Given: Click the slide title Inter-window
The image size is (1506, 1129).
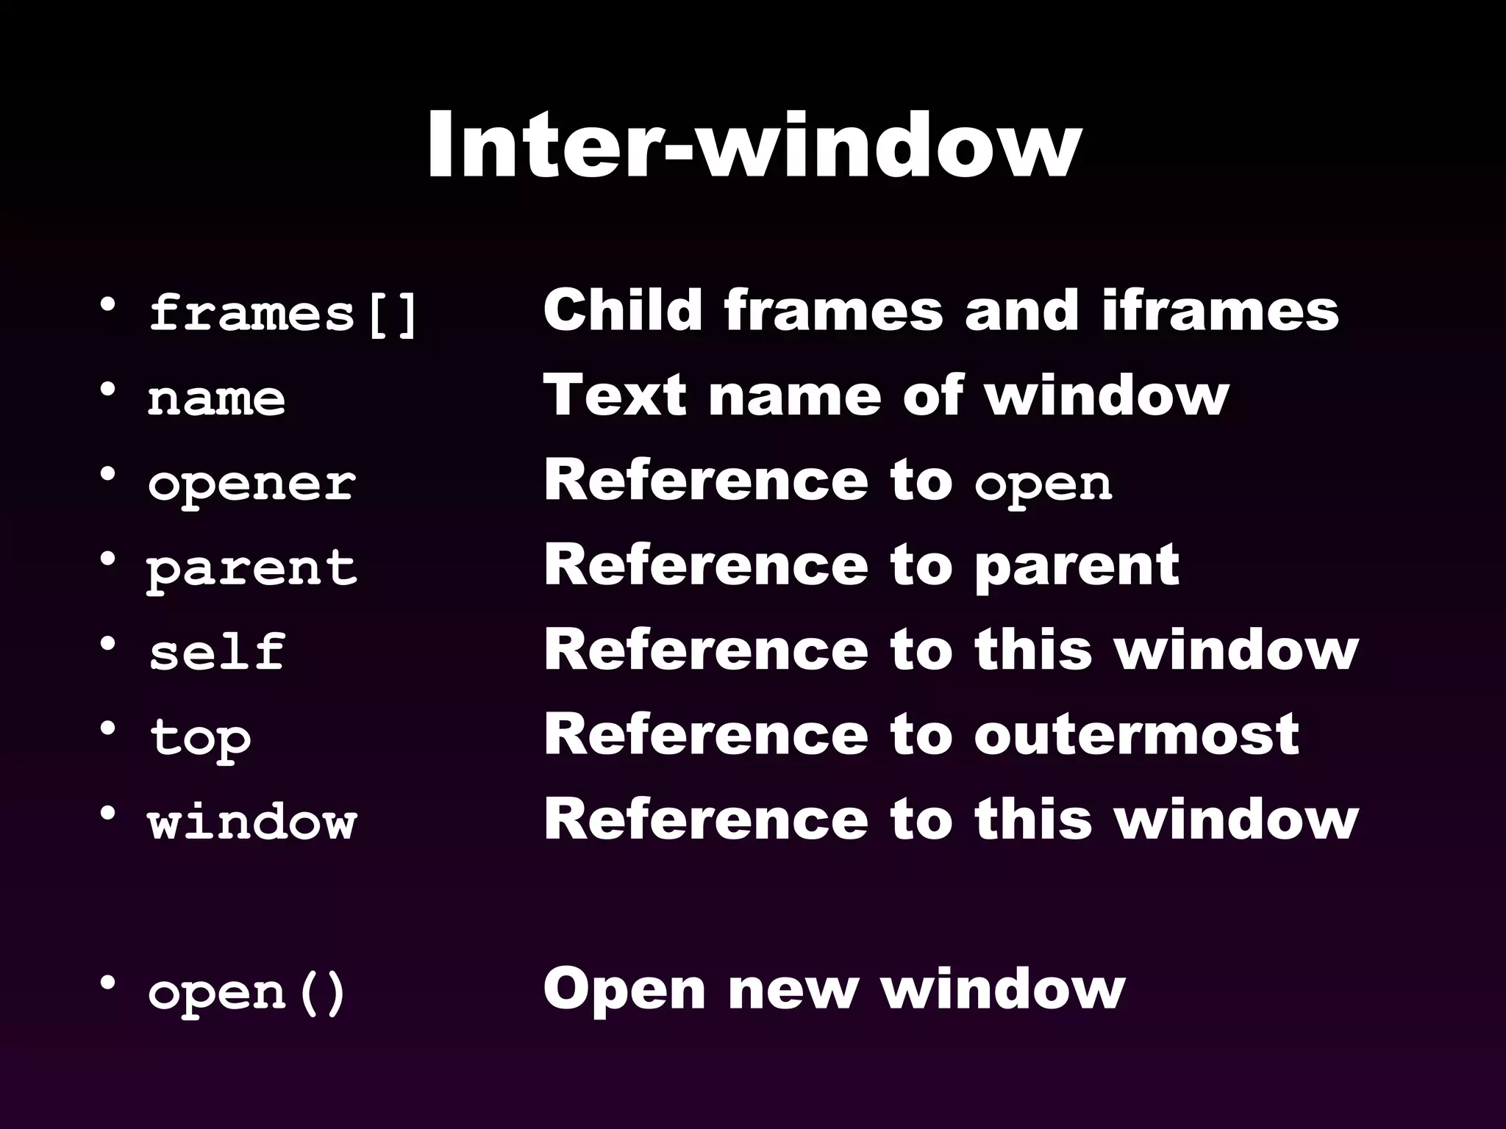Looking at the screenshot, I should tap(753, 145).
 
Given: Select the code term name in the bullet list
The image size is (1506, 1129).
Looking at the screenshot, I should tap(216, 399).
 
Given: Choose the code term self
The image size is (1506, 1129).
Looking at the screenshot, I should tap(216, 653).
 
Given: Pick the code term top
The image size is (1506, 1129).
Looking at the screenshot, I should tap(199, 739).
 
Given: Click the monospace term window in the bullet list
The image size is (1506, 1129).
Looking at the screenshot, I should tap(252, 822).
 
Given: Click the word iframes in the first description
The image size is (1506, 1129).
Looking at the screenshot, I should tap(1220, 310).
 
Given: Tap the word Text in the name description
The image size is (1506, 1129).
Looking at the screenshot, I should tap(615, 395).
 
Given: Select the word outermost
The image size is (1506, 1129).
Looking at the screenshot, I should tap(1136, 735).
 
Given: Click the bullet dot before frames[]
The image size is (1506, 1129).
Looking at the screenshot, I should tap(108, 304).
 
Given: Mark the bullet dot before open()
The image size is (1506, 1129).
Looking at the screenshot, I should tap(108, 983).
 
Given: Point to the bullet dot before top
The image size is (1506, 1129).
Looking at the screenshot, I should tap(108, 728).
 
